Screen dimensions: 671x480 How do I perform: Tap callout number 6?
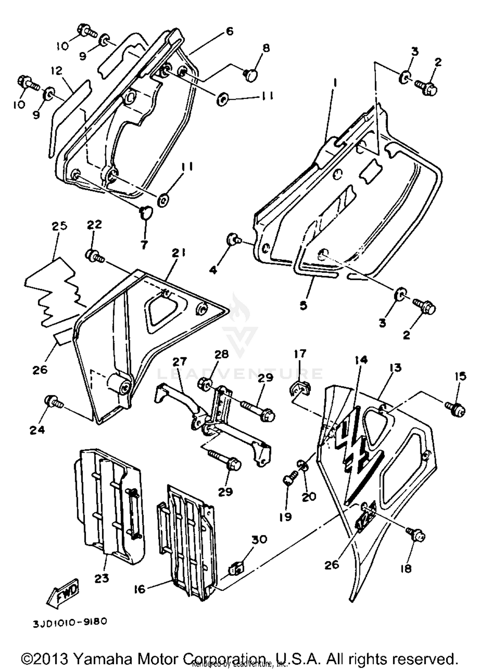pos(229,31)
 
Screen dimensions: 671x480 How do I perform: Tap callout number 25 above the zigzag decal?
pos(60,226)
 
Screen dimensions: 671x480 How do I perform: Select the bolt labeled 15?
pos(456,409)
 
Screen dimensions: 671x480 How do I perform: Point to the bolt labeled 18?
pos(416,533)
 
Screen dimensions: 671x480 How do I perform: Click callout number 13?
pos(396,368)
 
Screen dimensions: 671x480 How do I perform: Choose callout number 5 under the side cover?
pos(303,305)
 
